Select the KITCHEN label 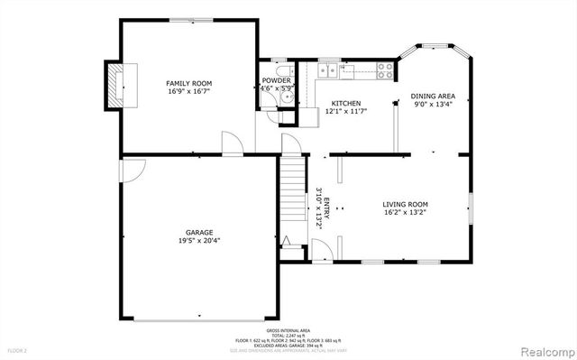[x=345, y=103]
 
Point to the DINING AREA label [x=433, y=96]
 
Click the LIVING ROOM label [x=406, y=204]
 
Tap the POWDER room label [x=276, y=80]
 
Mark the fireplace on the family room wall [x=115, y=85]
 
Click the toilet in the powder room [x=284, y=75]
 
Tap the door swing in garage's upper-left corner [x=133, y=170]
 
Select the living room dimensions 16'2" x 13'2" [x=406, y=213]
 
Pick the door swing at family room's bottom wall [x=233, y=144]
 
